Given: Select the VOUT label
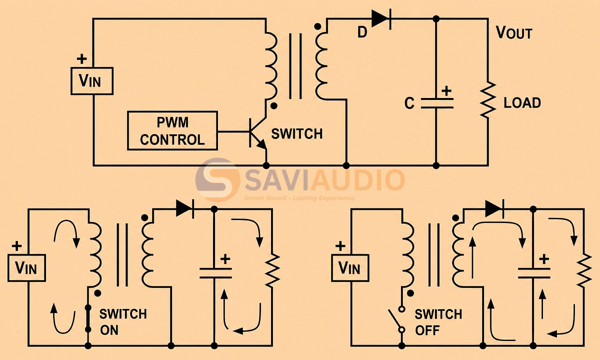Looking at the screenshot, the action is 514,33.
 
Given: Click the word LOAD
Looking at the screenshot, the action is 522,103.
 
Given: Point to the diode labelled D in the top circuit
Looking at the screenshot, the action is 381,19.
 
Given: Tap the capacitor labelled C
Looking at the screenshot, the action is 437,103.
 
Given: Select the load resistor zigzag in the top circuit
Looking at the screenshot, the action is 488,99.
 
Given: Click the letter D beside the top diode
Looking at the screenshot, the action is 362,32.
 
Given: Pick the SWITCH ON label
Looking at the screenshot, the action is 123,322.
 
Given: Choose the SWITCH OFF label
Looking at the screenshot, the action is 438,322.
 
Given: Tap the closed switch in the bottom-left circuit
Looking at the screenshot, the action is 88,318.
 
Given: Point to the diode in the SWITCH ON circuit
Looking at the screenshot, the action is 185,209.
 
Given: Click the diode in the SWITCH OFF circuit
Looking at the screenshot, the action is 494,209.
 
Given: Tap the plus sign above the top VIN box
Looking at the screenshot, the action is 81,59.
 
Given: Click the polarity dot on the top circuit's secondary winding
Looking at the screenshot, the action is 317,26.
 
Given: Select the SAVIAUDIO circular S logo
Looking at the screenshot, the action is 217,179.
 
